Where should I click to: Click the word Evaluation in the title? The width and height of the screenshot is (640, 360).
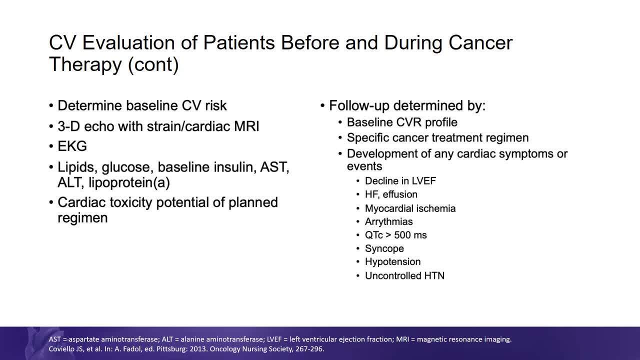point(128,42)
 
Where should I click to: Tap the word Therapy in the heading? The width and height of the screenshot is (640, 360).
point(85,64)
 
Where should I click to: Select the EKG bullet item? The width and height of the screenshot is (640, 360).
point(72,146)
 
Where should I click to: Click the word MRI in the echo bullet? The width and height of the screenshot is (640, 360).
point(246,126)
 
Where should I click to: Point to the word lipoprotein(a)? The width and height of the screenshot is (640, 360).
point(129,182)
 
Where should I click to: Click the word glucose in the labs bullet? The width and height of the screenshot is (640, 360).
point(125,167)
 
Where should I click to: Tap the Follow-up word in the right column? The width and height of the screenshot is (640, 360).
point(359,105)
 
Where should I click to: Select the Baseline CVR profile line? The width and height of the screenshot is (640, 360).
point(402,122)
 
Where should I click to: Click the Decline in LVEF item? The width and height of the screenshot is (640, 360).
point(400,181)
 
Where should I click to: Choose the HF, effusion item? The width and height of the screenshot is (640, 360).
point(391,194)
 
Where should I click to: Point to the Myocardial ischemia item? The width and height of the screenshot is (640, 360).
point(410,208)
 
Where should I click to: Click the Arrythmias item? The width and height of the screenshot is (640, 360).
point(388,221)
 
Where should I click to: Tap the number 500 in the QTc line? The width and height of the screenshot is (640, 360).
point(402,235)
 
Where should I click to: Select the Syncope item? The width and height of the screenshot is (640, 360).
point(384,248)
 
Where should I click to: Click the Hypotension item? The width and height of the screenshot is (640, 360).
point(392,261)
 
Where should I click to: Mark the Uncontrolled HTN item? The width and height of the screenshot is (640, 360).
point(404,275)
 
